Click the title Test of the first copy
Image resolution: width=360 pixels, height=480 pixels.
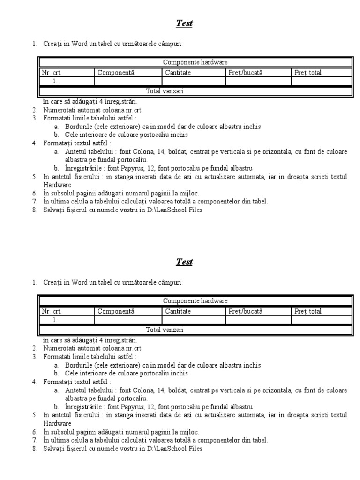184,23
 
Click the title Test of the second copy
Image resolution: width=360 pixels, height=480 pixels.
184,262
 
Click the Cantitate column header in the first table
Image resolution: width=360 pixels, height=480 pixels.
178,73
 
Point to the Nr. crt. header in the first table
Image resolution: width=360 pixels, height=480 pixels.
52,73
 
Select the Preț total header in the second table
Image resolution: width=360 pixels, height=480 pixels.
308,311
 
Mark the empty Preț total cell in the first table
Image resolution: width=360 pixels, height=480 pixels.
321,82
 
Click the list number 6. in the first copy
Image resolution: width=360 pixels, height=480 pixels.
35,194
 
